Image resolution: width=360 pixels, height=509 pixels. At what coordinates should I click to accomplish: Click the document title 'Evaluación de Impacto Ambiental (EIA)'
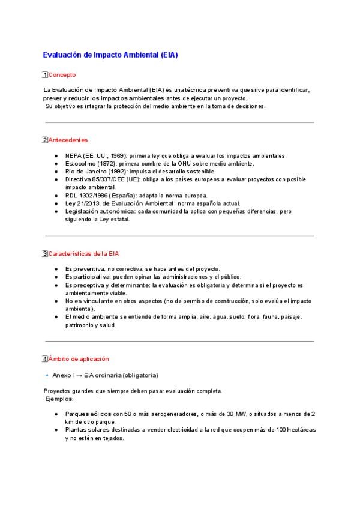click(110, 55)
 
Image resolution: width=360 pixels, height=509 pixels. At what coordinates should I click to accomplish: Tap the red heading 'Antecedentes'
click(68, 140)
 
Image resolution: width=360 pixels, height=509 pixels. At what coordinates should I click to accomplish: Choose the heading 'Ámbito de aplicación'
click(79, 358)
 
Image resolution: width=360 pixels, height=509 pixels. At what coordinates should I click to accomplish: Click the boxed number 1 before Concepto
click(45, 75)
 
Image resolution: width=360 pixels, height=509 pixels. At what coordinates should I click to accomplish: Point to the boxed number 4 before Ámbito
click(45, 358)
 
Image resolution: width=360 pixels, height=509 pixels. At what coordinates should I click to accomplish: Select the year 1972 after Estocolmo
click(109, 163)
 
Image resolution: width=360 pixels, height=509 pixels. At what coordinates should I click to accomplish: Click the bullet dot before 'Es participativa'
click(56, 277)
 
